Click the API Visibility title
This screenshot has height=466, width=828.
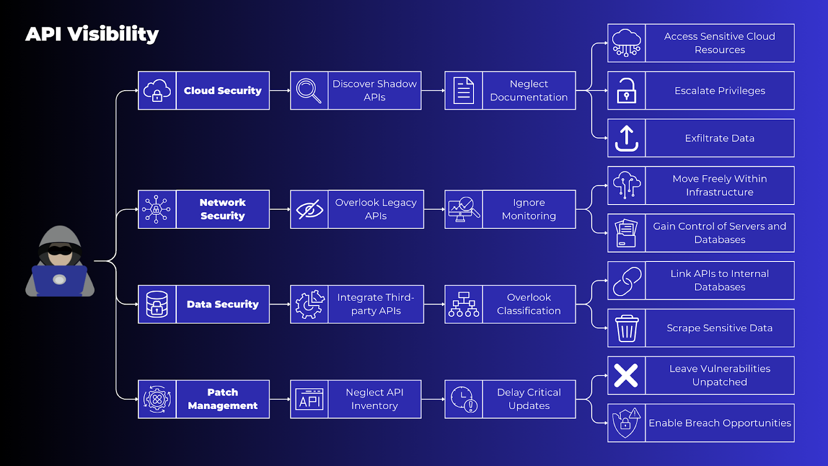(x=92, y=34)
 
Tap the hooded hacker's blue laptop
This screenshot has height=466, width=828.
(x=60, y=281)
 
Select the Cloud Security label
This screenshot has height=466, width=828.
(x=223, y=91)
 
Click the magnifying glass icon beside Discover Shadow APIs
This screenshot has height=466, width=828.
(x=309, y=91)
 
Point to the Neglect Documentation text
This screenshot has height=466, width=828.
(x=528, y=91)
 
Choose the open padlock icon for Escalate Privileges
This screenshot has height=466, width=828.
(x=626, y=91)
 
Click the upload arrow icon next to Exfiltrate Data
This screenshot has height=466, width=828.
(x=626, y=138)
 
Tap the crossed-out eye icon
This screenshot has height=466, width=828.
(x=309, y=210)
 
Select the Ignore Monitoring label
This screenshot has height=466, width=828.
(x=528, y=209)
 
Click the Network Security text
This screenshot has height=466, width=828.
(x=223, y=209)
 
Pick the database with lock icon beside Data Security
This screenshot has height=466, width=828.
(x=157, y=304)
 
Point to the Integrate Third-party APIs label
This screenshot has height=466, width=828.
(x=376, y=304)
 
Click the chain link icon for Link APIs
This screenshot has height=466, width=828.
(x=626, y=281)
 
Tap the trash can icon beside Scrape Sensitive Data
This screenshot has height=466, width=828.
(x=626, y=328)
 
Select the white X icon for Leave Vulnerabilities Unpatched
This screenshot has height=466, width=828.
(x=626, y=375)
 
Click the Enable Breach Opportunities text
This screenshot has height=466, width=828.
(x=719, y=423)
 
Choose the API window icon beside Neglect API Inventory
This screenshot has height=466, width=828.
(x=309, y=399)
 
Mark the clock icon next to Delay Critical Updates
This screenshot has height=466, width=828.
(x=463, y=399)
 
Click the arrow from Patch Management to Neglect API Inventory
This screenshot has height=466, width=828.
(x=279, y=399)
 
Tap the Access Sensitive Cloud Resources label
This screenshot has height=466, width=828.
(x=719, y=43)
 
